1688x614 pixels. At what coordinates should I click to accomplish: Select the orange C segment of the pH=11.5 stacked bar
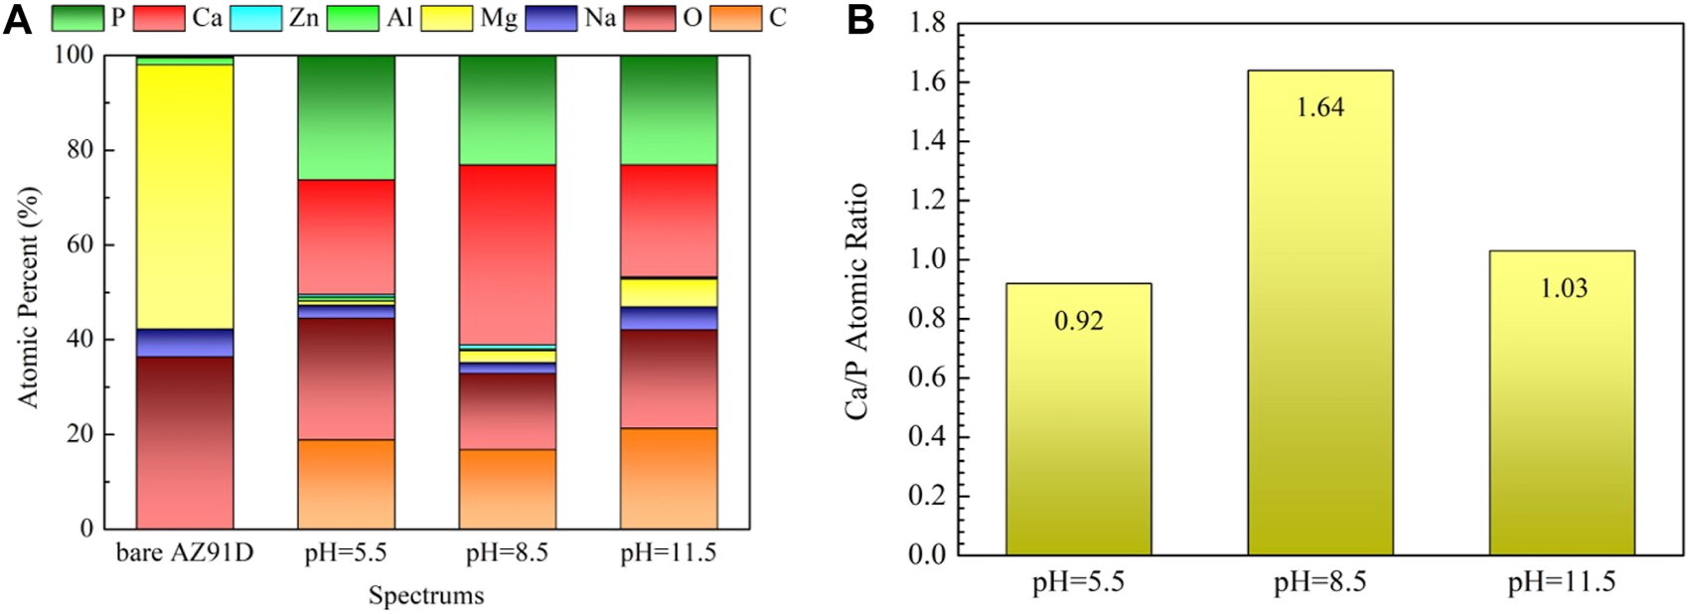tap(669, 478)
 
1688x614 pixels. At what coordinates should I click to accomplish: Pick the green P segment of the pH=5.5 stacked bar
tap(346, 117)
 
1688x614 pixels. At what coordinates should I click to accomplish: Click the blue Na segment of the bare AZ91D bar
tap(185, 342)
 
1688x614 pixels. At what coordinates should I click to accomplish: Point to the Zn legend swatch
tap(256, 18)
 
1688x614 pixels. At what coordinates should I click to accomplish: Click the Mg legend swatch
tap(446, 18)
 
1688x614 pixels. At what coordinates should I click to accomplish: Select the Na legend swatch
tap(551, 18)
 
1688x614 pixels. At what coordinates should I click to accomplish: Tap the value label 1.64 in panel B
tap(1320, 107)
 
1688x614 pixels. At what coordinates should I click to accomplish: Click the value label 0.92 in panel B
tap(1078, 321)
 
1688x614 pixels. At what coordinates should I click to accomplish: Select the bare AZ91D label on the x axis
tap(185, 553)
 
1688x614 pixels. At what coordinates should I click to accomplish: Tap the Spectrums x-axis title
tap(426, 596)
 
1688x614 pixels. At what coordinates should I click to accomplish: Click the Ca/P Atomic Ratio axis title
tap(857, 300)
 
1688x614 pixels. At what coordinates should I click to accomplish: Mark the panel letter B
tap(860, 22)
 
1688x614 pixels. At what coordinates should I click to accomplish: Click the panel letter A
tap(17, 20)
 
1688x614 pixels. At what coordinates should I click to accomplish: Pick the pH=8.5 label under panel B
tap(1320, 582)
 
